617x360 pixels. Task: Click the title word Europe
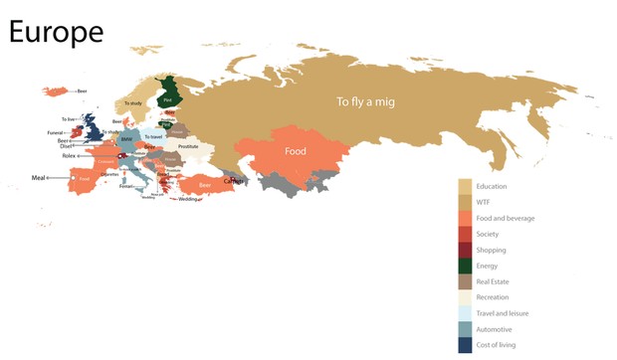(x=56, y=32)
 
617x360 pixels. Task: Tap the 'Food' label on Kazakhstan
(x=296, y=152)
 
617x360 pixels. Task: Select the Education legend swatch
(x=465, y=186)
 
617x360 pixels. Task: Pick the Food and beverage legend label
(x=505, y=218)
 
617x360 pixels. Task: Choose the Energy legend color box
(x=465, y=266)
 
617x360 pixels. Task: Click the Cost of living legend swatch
(x=465, y=345)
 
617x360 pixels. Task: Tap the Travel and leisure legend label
(x=503, y=313)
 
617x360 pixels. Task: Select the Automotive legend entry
(x=494, y=329)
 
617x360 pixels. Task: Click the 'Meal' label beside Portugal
(x=39, y=177)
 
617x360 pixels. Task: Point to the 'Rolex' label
(x=69, y=156)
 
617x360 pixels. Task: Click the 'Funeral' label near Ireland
(x=56, y=132)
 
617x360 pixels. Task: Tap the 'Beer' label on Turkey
(x=206, y=184)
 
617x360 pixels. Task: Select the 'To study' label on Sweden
(x=133, y=102)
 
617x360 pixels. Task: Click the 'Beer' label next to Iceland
(x=82, y=90)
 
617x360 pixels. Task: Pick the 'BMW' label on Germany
(x=125, y=139)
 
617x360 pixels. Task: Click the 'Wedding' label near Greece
(x=187, y=199)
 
